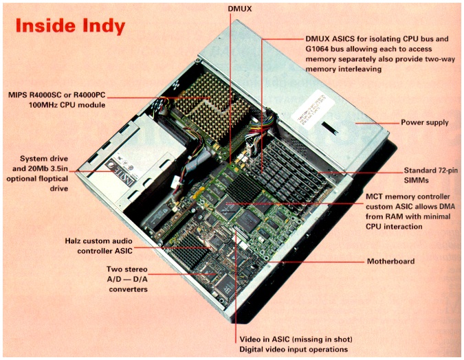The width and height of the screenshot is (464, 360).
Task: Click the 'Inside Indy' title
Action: pos(69,26)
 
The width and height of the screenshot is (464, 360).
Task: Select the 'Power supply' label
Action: pos(425,123)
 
